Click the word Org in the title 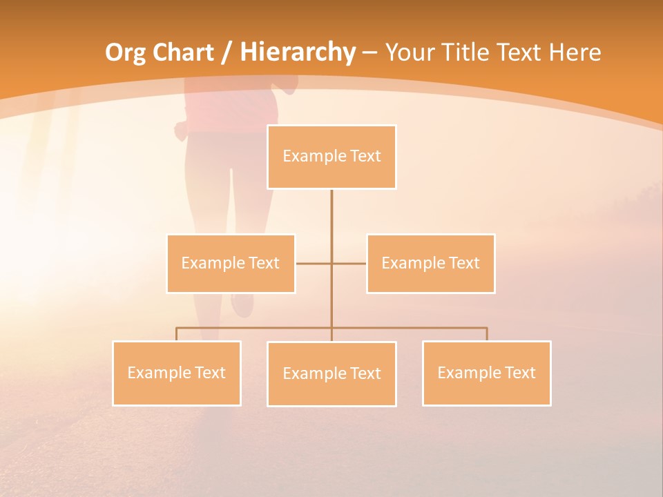pos(126,52)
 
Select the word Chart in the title pos(180,52)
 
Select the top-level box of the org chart pos(331,157)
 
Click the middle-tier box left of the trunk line pos(231,264)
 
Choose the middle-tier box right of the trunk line pos(430,264)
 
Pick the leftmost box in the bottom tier pos(177,373)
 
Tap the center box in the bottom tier pos(331,374)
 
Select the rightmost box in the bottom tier pos(486,373)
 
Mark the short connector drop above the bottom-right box pos(486,334)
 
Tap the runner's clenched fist pos(182,130)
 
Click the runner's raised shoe pos(242,304)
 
